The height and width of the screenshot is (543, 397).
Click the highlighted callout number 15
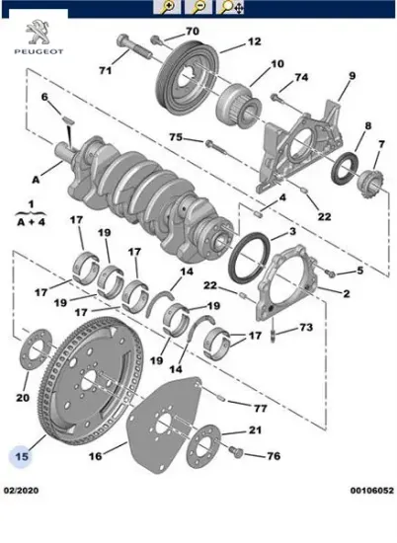point(22,456)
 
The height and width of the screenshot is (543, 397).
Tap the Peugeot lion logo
point(39,33)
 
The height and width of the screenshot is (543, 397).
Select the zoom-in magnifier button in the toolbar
point(167,7)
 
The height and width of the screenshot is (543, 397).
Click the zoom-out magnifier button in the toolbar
point(198,7)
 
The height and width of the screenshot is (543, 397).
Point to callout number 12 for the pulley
point(254,41)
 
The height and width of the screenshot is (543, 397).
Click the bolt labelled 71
point(134,47)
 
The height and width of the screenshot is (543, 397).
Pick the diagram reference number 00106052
point(372,491)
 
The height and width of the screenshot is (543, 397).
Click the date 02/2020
point(21,491)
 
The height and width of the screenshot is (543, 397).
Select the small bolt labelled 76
point(236,451)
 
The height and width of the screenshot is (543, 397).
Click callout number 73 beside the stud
point(306,327)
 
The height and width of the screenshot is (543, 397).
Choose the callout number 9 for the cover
point(353,75)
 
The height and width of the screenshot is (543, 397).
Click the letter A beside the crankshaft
point(36,180)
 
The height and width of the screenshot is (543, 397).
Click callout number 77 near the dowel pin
point(260,409)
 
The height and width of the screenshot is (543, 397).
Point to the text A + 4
point(32,221)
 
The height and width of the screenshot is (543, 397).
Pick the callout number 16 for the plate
point(96,456)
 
